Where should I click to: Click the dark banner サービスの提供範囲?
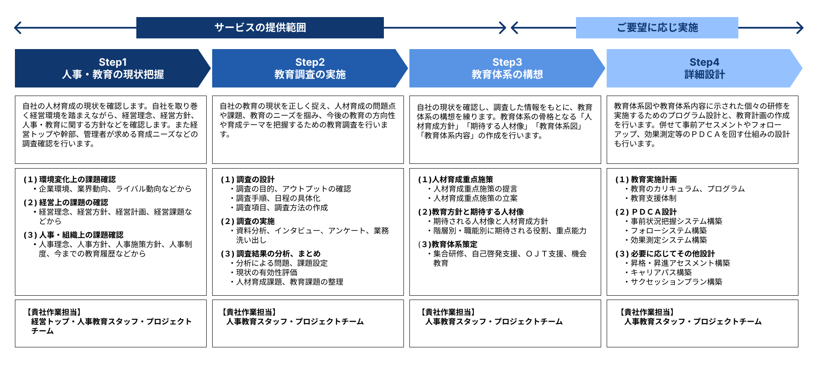pyautogui.click(x=260, y=28)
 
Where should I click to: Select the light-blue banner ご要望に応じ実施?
pyautogui.click(x=657, y=28)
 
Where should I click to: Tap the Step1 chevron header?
pyautogui.click(x=113, y=68)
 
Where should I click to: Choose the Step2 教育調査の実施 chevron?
pyautogui.click(x=310, y=68)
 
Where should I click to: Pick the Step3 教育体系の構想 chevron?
pyautogui.click(x=507, y=68)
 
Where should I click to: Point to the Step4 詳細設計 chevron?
pyautogui.click(x=705, y=68)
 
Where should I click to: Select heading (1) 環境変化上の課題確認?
pyautogui.click(x=69, y=180)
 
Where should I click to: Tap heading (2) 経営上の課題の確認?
pyautogui.click(x=66, y=203)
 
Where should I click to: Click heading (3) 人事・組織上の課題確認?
pyautogui.click(x=73, y=235)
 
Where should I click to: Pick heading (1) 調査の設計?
pyautogui.click(x=248, y=180)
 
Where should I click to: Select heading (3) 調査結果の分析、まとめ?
pyautogui.click(x=271, y=254)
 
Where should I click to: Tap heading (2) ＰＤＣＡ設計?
pyautogui.click(x=646, y=212)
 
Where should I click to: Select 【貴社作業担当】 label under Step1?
pyautogui.click(x=54, y=312)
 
